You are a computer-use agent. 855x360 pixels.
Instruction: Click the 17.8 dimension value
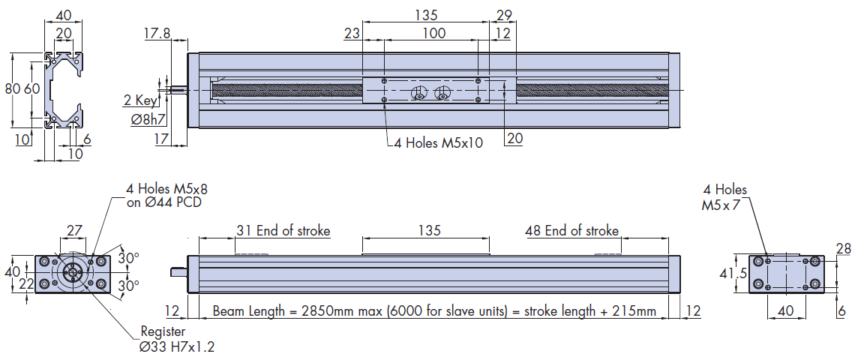156,33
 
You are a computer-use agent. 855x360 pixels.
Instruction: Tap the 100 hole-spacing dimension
433,33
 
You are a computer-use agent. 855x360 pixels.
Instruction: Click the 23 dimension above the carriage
352,33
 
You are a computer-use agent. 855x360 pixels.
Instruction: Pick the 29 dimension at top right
503,15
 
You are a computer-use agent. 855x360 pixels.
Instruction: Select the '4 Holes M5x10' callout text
439,142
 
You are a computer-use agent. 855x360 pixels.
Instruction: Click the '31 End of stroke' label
283,230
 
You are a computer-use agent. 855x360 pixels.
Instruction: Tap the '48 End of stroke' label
571,230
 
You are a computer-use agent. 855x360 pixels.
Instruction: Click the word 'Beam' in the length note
229,310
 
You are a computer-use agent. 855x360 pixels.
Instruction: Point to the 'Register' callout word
163,331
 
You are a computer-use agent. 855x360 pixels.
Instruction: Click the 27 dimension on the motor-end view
74,230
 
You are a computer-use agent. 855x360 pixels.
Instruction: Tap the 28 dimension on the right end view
842,248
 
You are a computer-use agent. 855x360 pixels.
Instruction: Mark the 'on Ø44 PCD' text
163,202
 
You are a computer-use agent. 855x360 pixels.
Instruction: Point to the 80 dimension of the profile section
12,89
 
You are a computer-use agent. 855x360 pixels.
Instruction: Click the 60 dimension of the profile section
31,89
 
